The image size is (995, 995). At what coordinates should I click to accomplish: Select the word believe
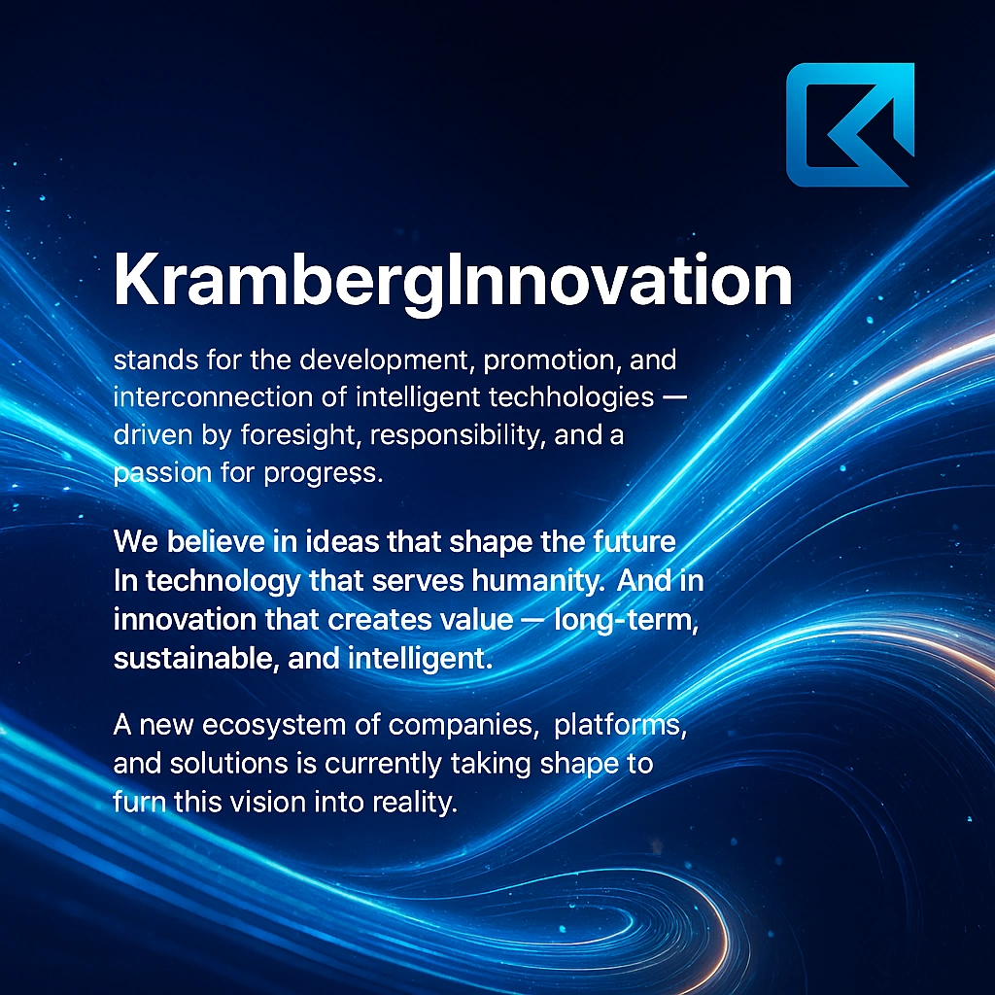pos(216,542)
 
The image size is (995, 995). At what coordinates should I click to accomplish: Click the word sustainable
pos(196,659)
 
